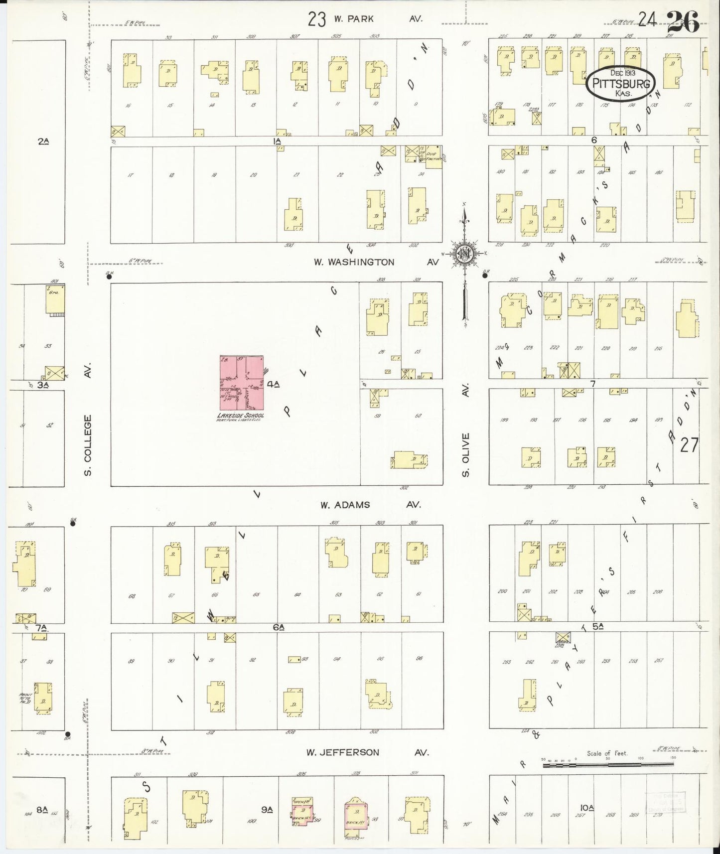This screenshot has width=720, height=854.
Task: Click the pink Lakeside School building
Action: pos(242,383)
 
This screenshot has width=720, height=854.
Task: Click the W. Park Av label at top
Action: pos(377,19)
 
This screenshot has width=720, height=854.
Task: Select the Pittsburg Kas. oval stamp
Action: pos(620,83)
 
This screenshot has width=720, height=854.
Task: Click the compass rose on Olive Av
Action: pos(464,254)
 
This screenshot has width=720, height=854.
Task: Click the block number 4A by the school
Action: pos(274,384)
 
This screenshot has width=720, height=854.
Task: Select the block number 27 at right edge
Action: pos(690,445)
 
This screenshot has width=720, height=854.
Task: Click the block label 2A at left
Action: pos(43,142)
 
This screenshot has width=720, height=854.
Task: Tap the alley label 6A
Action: pos(279,628)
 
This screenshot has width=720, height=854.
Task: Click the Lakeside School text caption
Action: pos(241,416)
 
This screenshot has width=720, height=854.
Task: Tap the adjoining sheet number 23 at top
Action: pos(317,19)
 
